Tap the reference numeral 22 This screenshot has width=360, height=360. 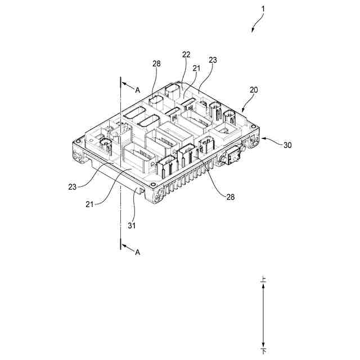tap(186, 55)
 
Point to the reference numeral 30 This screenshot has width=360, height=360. tap(287, 145)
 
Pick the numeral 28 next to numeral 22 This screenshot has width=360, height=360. tap(156, 64)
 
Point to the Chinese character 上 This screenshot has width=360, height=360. tap(263, 278)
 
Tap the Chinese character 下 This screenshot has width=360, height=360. tap(263, 350)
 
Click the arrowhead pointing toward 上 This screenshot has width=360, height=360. tap(263, 285)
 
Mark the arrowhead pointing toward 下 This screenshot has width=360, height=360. tap(263, 343)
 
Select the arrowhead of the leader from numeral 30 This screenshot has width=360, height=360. tap(262, 137)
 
